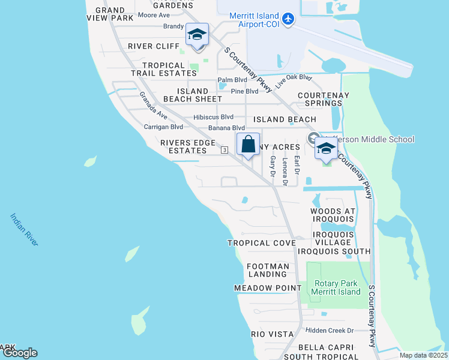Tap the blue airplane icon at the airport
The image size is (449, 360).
point(288,20)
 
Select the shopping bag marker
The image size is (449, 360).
point(248,145)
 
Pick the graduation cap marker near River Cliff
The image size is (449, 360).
point(196,35)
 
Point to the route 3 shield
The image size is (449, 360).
point(224,149)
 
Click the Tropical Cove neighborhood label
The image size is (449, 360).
point(261,243)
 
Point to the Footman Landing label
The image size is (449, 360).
point(268,270)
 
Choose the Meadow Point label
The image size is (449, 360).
point(267,288)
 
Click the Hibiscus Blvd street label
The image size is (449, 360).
point(213,117)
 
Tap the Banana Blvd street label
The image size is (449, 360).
point(226,128)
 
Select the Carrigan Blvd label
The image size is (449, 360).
point(163,127)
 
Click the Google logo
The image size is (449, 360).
point(19,353)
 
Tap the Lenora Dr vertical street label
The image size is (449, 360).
point(286,171)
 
